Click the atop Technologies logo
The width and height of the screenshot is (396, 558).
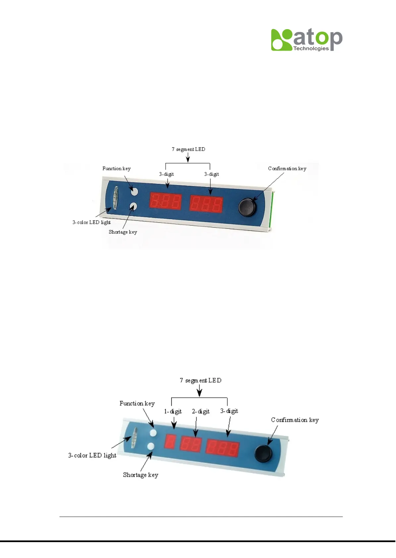307,40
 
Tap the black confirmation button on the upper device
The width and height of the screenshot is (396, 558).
247,207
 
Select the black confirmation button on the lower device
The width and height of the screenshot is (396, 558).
263,453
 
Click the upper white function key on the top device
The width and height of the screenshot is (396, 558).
134,191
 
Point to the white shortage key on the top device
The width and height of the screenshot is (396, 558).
133,206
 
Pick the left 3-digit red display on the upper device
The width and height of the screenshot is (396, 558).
165,201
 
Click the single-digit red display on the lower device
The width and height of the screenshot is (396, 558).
170,441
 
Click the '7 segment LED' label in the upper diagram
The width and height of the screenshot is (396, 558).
188,149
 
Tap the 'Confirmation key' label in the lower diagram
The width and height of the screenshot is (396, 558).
295,420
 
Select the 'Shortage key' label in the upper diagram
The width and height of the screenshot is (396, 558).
123,232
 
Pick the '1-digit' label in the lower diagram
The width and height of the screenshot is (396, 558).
173,411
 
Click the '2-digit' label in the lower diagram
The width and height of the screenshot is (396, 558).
200,411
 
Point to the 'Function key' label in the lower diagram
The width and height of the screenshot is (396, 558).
137,403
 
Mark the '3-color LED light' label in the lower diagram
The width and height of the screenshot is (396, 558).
92,455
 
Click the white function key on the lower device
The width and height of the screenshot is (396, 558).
153,432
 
